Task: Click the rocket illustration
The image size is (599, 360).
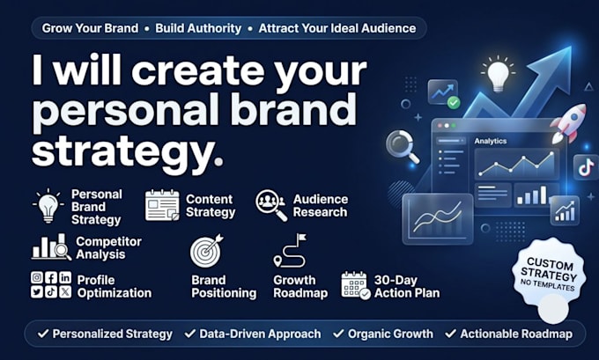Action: pos(569,123)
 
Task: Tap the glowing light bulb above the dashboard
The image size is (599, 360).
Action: pos(499,75)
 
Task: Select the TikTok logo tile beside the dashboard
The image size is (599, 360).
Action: pos(586,167)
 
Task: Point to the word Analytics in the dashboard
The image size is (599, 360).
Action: pos(491,141)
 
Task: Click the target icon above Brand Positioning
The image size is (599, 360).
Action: pos(207,251)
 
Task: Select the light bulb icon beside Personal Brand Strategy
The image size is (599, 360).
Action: pos(48,206)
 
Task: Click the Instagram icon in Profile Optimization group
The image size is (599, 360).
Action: pos(37,277)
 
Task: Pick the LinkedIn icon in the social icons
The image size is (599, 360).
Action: pos(65,277)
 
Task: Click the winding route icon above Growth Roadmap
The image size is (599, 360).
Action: pos(290,251)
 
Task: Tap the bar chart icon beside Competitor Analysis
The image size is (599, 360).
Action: pos(51,247)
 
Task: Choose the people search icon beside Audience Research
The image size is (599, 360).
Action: pos(271,205)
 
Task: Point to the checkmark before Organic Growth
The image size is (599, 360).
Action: pos(338,334)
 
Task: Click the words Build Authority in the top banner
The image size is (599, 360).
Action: pos(198,28)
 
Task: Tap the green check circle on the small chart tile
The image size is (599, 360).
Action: pos(454,102)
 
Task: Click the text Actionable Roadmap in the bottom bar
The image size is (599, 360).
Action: pos(516,334)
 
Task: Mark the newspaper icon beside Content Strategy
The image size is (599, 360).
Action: pos(162,205)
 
